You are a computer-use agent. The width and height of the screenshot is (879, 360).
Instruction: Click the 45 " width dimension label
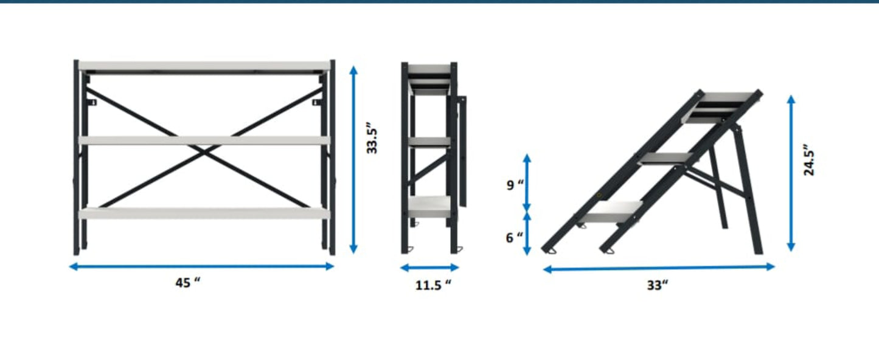pyautogui.click(x=187, y=282)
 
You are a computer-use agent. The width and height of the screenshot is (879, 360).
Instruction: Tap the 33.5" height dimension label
pyautogui.click(x=372, y=140)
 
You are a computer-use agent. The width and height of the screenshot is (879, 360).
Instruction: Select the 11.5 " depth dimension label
pyautogui.click(x=433, y=285)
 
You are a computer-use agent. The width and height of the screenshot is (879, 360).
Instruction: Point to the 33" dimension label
pyautogui.click(x=658, y=285)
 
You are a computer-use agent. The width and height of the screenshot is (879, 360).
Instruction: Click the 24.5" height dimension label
pyautogui.click(x=809, y=160)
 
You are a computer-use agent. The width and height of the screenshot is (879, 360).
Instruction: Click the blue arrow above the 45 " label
pyautogui.click(x=201, y=267)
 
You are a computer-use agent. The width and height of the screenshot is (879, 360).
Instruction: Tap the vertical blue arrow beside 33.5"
pyautogui.click(x=353, y=159)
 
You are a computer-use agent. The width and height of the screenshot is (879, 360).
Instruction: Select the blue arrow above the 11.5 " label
pyautogui.click(x=429, y=268)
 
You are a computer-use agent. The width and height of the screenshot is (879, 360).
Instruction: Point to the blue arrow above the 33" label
pyautogui.click(x=659, y=268)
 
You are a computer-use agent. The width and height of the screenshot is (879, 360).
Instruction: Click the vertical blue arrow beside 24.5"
pyautogui.click(x=791, y=173)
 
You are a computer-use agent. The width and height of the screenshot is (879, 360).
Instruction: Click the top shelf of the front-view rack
pyautogui.click(x=204, y=66)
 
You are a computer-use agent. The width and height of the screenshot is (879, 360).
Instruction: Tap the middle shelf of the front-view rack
pyautogui.click(x=204, y=140)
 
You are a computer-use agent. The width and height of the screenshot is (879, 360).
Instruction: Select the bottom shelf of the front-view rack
pyautogui.click(x=204, y=213)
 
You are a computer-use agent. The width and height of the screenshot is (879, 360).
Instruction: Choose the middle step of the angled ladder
pyautogui.click(x=666, y=159)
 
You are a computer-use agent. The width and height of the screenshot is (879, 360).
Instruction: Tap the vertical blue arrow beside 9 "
pyautogui.click(x=527, y=183)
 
